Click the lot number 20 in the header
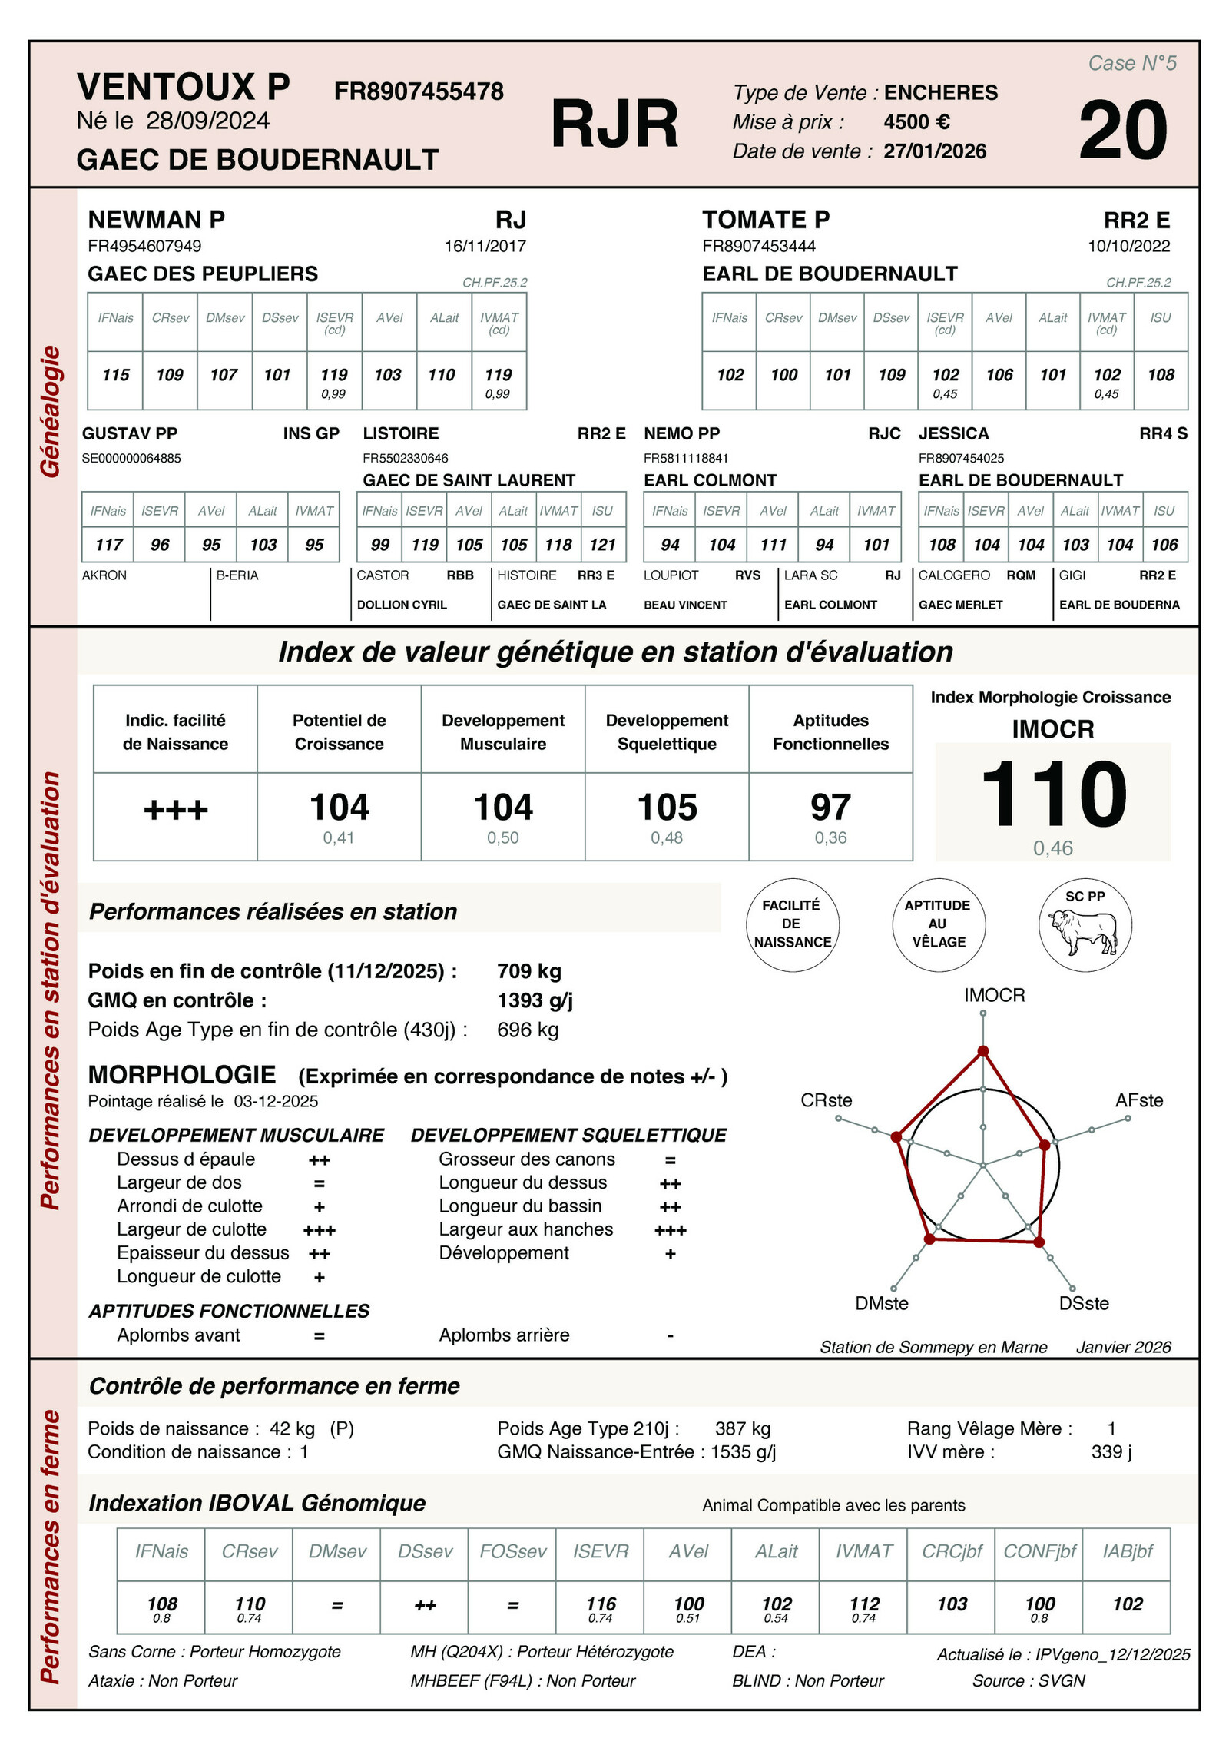point(1122,131)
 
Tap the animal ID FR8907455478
point(419,91)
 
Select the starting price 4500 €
point(916,122)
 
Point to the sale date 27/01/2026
point(935,151)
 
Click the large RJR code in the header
point(614,124)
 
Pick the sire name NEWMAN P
point(157,220)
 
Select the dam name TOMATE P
point(766,220)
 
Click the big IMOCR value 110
point(1053,794)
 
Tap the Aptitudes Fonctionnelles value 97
point(830,808)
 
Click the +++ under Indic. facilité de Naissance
point(175,810)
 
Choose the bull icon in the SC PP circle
point(1085,930)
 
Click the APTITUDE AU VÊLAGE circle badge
point(938,924)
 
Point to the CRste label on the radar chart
point(826,1100)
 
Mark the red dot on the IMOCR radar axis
point(982,1051)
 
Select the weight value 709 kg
point(529,971)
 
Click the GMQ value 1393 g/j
point(535,1000)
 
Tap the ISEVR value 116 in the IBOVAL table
point(601,1604)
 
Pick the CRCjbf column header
point(952,1551)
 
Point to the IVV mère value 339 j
point(1111,1451)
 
